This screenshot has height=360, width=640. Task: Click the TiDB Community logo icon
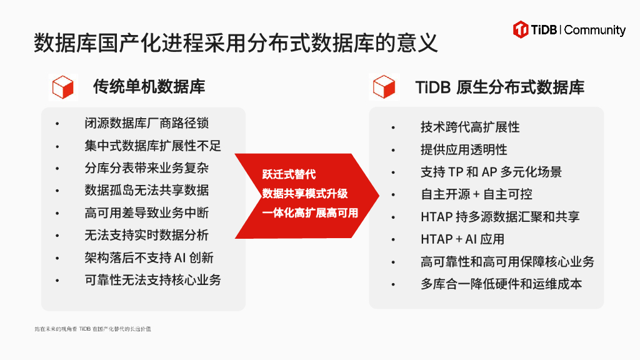pyautogui.click(x=521, y=29)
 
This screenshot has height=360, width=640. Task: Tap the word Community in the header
pyautogui.click(x=595, y=30)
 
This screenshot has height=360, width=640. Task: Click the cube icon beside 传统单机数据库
pyautogui.click(x=63, y=87)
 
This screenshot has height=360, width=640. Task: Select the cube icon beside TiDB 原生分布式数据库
pyautogui.click(x=384, y=87)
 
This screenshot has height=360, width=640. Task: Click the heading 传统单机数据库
pyautogui.click(x=149, y=86)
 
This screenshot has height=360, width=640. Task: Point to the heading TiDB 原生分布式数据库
pyautogui.click(x=500, y=87)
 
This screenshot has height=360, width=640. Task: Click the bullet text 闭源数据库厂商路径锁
pyautogui.click(x=147, y=122)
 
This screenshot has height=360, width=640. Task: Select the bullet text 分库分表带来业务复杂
pyautogui.click(x=147, y=167)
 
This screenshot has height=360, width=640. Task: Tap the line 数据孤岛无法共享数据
pyautogui.click(x=147, y=190)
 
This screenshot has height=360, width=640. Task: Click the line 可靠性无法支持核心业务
pyautogui.click(x=153, y=280)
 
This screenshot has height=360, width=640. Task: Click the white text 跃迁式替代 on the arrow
pyautogui.click(x=289, y=174)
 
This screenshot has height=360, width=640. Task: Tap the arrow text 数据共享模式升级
pyautogui.click(x=305, y=194)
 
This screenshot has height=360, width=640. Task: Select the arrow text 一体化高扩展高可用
pyautogui.click(x=311, y=213)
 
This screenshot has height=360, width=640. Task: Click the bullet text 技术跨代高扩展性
pyautogui.click(x=470, y=127)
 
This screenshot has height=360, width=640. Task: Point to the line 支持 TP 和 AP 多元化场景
pyautogui.click(x=491, y=172)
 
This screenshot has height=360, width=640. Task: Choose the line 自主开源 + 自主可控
pyautogui.click(x=476, y=194)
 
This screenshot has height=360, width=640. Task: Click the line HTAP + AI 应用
pyautogui.click(x=462, y=239)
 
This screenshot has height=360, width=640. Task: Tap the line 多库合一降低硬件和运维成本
pyautogui.click(x=501, y=284)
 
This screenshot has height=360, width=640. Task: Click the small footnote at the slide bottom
pyautogui.click(x=92, y=329)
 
